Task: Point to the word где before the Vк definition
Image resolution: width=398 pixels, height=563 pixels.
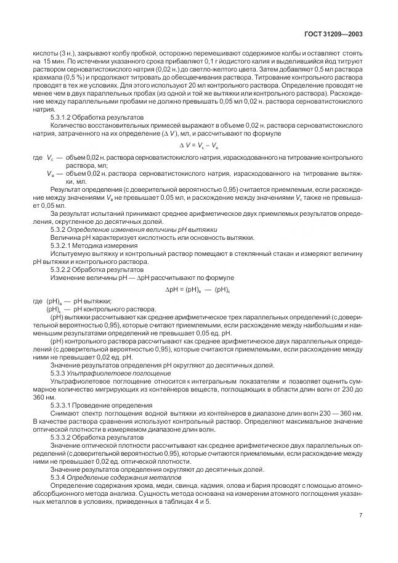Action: (x=38, y=157)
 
